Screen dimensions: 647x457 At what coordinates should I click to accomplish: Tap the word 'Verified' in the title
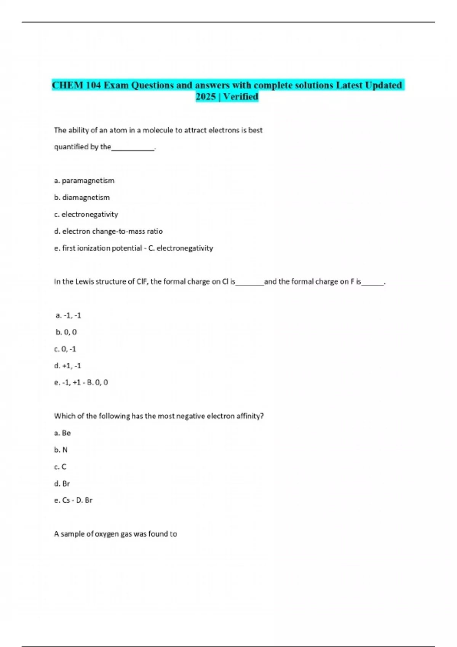(x=241, y=97)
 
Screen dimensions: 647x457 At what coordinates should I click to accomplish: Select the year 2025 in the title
(x=206, y=97)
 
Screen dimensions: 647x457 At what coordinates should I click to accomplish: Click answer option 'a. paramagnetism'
(x=84, y=180)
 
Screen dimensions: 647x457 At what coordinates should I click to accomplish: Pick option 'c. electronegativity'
(x=86, y=214)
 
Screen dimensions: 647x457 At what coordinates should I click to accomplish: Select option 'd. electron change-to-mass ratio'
(x=108, y=231)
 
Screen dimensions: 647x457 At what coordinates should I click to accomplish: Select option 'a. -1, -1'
(x=68, y=315)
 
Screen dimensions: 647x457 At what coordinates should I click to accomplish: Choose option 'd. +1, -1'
(x=67, y=366)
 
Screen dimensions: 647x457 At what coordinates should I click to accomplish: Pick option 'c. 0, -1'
(x=65, y=349)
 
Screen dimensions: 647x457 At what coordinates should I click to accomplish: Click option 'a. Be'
(x=62, y=433)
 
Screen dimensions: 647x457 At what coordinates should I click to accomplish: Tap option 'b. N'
(x=61, y=449)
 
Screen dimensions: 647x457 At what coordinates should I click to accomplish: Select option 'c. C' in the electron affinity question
(x=60, y=467)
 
